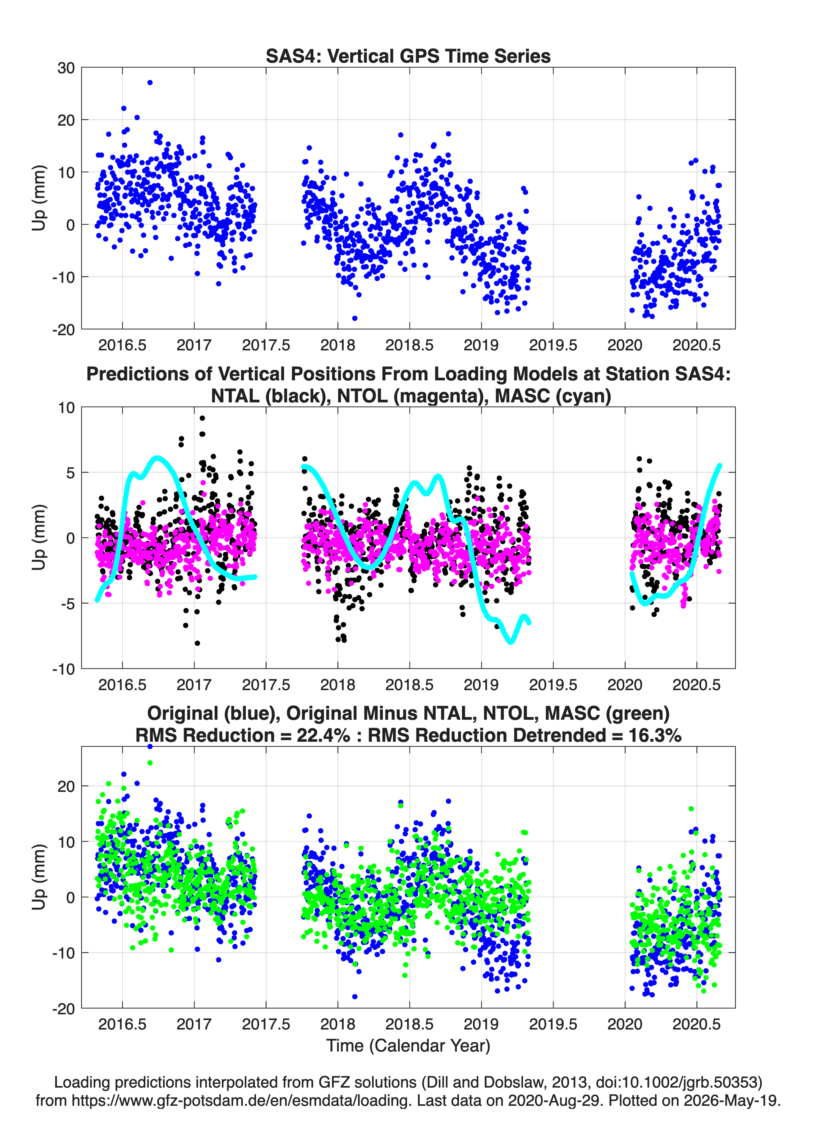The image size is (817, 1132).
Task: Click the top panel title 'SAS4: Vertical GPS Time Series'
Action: click(x=408, y=56)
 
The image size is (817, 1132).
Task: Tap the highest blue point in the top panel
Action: click(x=150, y=82)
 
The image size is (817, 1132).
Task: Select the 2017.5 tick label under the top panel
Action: click(x=266, y=345)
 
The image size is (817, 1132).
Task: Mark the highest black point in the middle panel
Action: click(x=202, y=418)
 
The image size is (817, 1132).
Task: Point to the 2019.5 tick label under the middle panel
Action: click(x=553, y=685)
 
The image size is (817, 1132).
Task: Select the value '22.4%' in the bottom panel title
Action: click(x=323, y=735)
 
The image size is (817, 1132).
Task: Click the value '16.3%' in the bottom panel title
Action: click(x=655, y=735)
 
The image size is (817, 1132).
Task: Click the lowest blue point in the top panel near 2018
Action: click(x=355, y=318)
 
